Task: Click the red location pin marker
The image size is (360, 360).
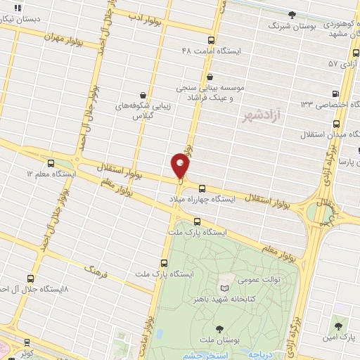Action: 180,167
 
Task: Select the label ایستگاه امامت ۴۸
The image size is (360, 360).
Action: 210,51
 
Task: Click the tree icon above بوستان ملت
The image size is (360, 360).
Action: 219,328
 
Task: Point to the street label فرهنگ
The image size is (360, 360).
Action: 94,269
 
